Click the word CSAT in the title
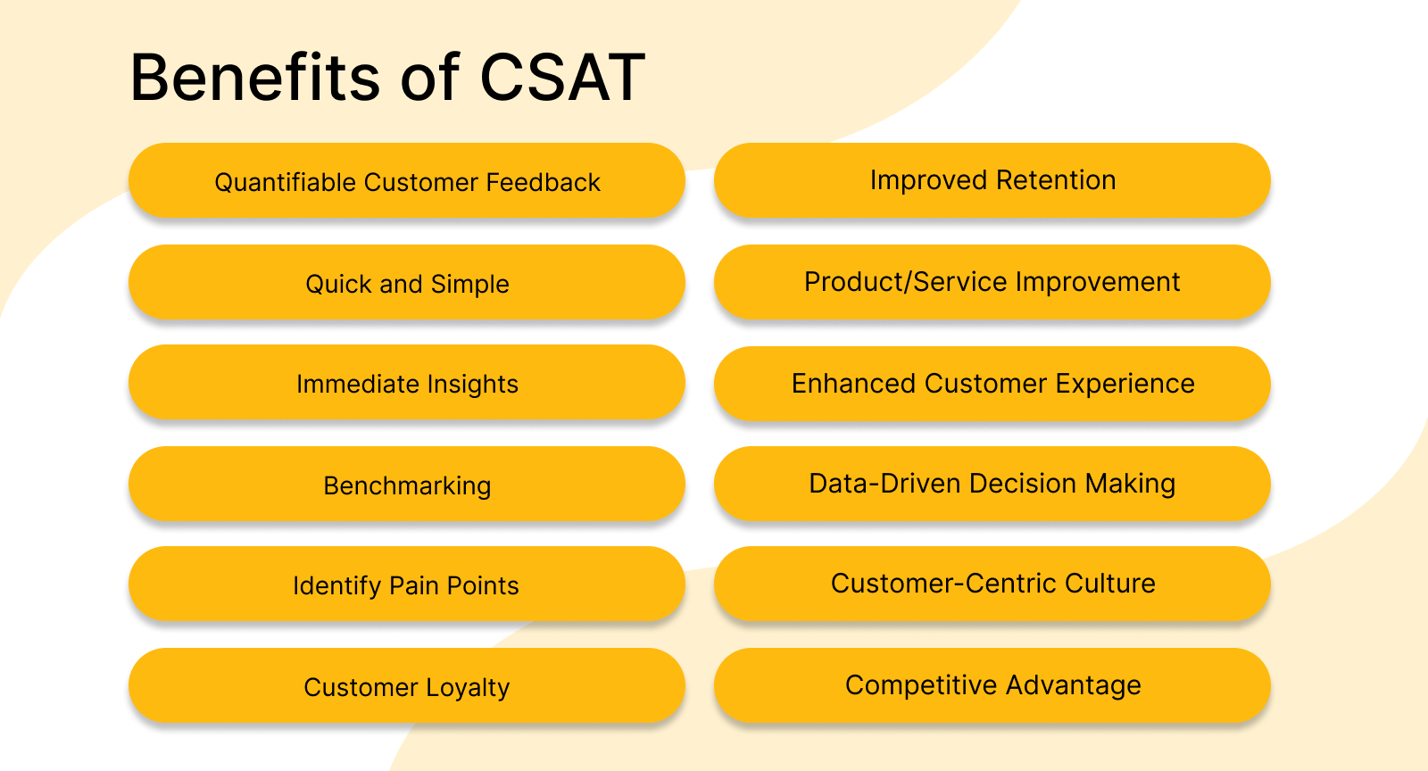[x=562, y=78]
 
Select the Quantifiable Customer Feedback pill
[x=407, y=181]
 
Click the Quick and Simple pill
[x=407, y=283]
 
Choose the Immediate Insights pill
[x=407, y=383]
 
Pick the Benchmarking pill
[x=407, y=485]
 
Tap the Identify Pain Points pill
[x=407, y=584]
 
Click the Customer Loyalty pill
[x=407, y=686]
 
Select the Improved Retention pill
[x=992, y=179]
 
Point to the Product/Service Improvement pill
[x=992, y=281]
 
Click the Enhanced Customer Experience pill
[x=992, y=383]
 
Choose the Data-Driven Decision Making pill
[x=992, y=483]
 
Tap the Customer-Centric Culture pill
[x=992, y=583]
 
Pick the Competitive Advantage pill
[x=992, y=684]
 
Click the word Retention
[x=1056, y=179]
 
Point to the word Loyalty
[x=468, y=687]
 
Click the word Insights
[x=472, y=384]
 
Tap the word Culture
[x=1109, y=583]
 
